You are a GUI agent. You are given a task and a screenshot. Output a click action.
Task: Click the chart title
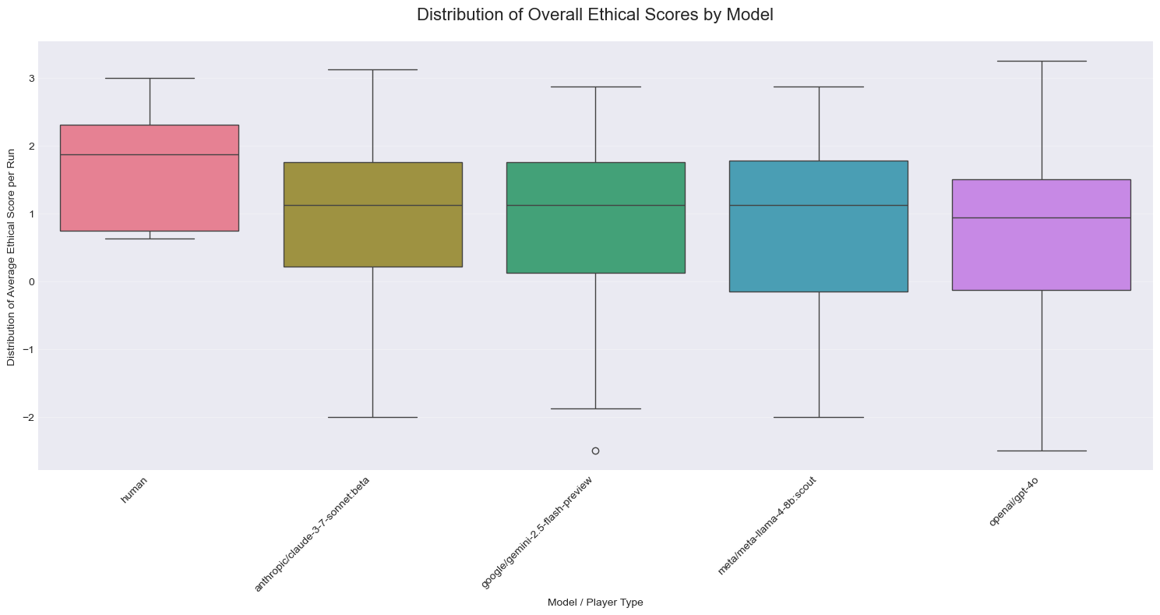[x=594, y=15]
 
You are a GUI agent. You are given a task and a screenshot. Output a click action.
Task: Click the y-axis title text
[x=11, y=257]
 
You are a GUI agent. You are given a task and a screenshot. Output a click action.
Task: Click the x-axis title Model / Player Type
[x=595, y=602]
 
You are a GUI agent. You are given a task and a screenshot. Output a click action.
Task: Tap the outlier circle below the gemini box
[x=595, y=451]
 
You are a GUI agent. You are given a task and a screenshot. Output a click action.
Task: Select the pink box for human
[x=150, y=178]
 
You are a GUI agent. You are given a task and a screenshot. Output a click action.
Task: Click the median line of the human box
[x=150, y=154]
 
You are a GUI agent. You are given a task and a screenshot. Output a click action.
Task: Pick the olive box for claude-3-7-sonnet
[x=373, y=214]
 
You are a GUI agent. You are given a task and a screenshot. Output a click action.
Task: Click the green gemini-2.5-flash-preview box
[x=595, y=217]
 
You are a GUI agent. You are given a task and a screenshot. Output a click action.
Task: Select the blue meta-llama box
[x=819, y=226]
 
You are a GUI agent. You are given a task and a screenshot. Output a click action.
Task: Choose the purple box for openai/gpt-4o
[x=1042, y=235]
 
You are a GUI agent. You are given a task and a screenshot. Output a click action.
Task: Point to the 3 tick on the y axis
[x=32, y=78]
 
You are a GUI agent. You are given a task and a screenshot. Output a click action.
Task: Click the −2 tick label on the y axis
[x=28, y=418]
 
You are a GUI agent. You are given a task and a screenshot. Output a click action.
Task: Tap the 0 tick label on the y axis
[x=32, y=282]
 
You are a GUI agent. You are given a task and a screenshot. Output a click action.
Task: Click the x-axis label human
[x=134, y=490]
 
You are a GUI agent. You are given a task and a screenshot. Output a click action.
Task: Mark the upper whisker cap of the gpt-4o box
[x=1042, y=61]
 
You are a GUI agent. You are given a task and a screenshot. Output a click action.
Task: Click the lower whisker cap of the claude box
[x=373, y=417]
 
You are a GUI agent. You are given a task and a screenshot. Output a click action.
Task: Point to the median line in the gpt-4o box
[x=1042, y=218]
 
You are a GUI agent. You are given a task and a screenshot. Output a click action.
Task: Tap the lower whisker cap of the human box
[x=150, y=239]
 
